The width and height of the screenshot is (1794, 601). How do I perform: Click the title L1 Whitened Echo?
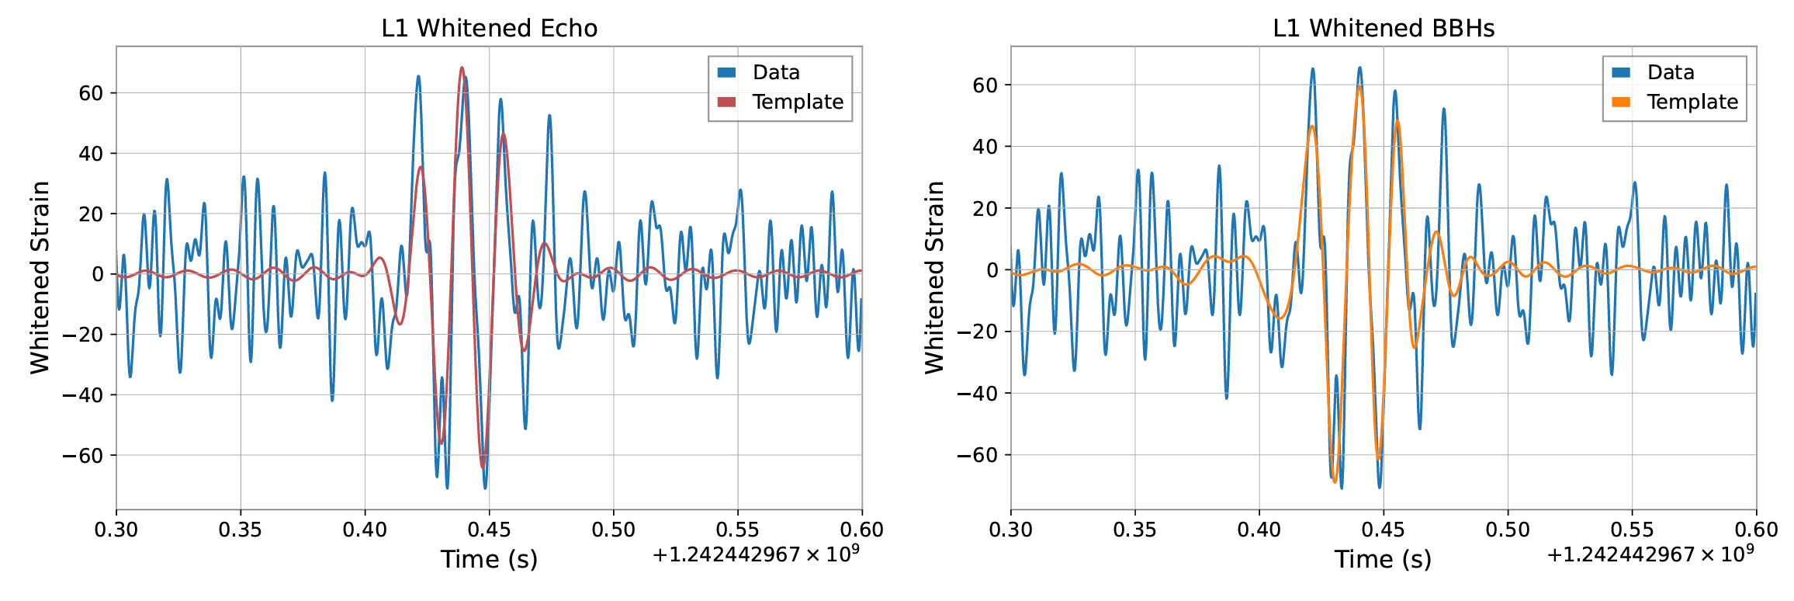(x=489, y=29)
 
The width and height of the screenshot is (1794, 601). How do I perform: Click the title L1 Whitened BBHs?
(x=1384, y=29)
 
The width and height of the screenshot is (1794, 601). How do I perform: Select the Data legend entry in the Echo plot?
(x=775, y=72)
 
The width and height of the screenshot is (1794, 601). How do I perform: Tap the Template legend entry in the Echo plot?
(x=797, y=102)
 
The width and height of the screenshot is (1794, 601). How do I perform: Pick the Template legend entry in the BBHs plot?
(x=1692, y=102)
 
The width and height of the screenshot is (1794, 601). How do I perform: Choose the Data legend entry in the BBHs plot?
(x=1670, y=72)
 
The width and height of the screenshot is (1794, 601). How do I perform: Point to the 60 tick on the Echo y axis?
(x=91, y=93)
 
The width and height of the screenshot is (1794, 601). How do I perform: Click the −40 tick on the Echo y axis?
(x=82, y=395)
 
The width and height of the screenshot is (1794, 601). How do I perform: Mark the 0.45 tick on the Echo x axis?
(x=489, y=530)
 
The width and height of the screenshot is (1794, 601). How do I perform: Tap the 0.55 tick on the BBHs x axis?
(x=1632, y=530)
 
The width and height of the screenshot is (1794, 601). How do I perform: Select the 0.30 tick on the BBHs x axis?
(x=1011, y=530)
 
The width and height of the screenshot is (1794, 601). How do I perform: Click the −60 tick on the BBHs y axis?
(x=977, y=455)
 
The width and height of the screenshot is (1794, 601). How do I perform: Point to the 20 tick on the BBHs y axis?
(x=985, y=208)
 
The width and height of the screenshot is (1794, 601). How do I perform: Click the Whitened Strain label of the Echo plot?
(x=40, y=277)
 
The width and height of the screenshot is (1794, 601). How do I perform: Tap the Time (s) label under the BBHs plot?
(x=1383, y=559)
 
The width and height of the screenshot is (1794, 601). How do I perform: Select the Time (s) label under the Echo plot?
(x=489, y=559)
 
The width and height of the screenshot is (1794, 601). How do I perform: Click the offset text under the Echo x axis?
(x=756, y=554)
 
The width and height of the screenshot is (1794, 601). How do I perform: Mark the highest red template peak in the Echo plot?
(x=462, y=68)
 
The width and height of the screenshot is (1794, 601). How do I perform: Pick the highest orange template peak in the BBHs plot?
(x=1359, y=87)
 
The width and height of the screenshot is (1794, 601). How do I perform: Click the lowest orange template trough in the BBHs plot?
(x=1335, y=482)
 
